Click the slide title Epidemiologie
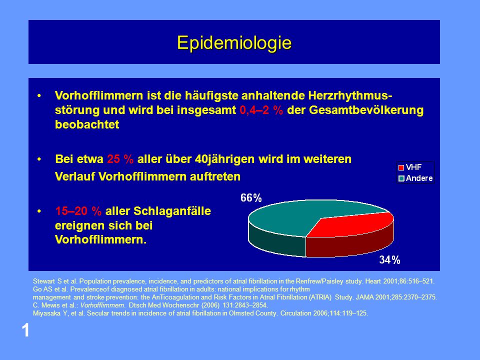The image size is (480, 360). (x=234, y=43)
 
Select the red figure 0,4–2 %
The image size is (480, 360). (x=261, y=110)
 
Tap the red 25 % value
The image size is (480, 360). (x=120, y=159)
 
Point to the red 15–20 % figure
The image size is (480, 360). (x=78, y=211)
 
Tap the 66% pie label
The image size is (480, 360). (x=251, y=198)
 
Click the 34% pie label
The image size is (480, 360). (x=389, y=260)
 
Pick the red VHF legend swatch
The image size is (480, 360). (x=401, y=168)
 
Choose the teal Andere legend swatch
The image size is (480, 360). (x=401, y=178)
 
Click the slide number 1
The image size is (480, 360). (x=25, y=330)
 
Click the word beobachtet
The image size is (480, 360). (x=87, y=124)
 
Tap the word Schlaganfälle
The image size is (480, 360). (x=172, y=211)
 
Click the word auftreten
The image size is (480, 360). (x=215, y=176)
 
